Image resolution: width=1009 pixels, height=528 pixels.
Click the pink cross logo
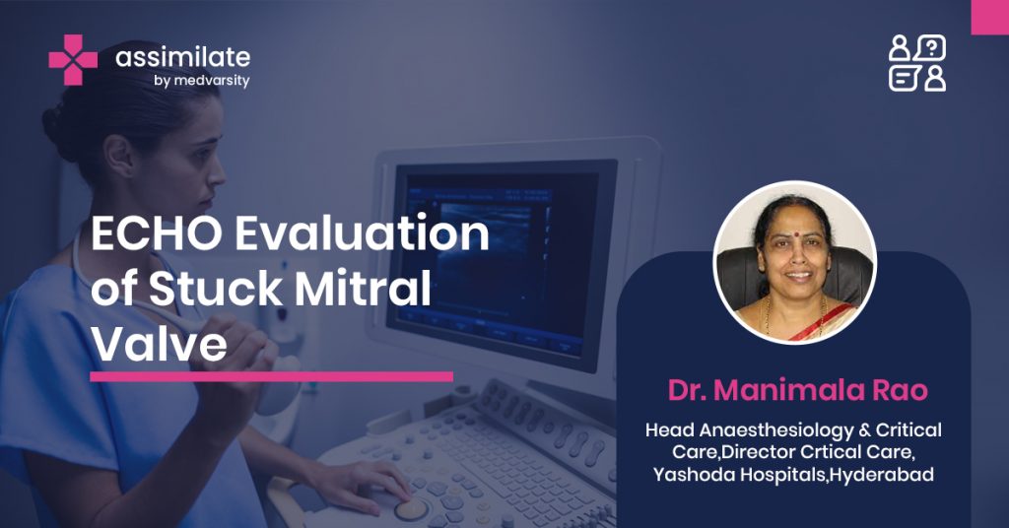(x=73, y=60)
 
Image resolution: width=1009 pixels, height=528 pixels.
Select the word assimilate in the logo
(x=182, y=57)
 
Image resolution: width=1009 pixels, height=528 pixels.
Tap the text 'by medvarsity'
(x=201, y=81)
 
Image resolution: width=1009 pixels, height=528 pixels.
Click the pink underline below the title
(x=272, y=377)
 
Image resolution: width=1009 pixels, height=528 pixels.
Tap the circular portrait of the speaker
(x=795, y=262)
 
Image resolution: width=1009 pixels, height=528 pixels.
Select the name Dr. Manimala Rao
(x=798, y=390)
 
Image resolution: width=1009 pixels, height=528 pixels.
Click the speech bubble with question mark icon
(x=930, y=47)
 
